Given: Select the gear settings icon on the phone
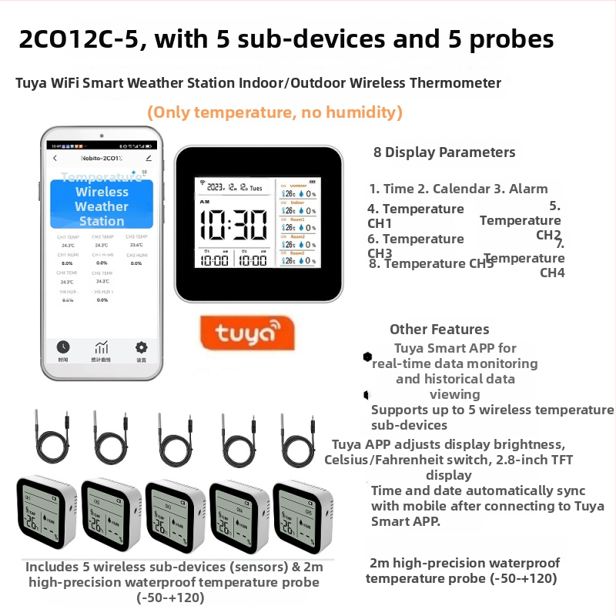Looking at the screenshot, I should point(141,348).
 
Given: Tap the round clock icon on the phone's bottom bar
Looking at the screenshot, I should point(63,348).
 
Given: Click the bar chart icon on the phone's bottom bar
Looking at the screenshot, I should point(102,348).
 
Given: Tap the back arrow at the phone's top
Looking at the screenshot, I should point(55,158).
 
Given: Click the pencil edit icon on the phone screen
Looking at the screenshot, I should point(149,158).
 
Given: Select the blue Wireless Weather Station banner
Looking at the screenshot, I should point(101,204).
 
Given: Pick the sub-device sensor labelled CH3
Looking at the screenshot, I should point(176,514).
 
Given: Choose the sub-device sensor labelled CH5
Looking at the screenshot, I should point(303,514).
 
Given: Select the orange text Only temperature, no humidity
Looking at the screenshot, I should point(275,113).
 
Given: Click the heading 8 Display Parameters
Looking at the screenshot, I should point(444,152).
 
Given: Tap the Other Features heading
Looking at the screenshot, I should point(439,330).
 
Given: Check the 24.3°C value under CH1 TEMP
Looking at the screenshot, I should point(68,246).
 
